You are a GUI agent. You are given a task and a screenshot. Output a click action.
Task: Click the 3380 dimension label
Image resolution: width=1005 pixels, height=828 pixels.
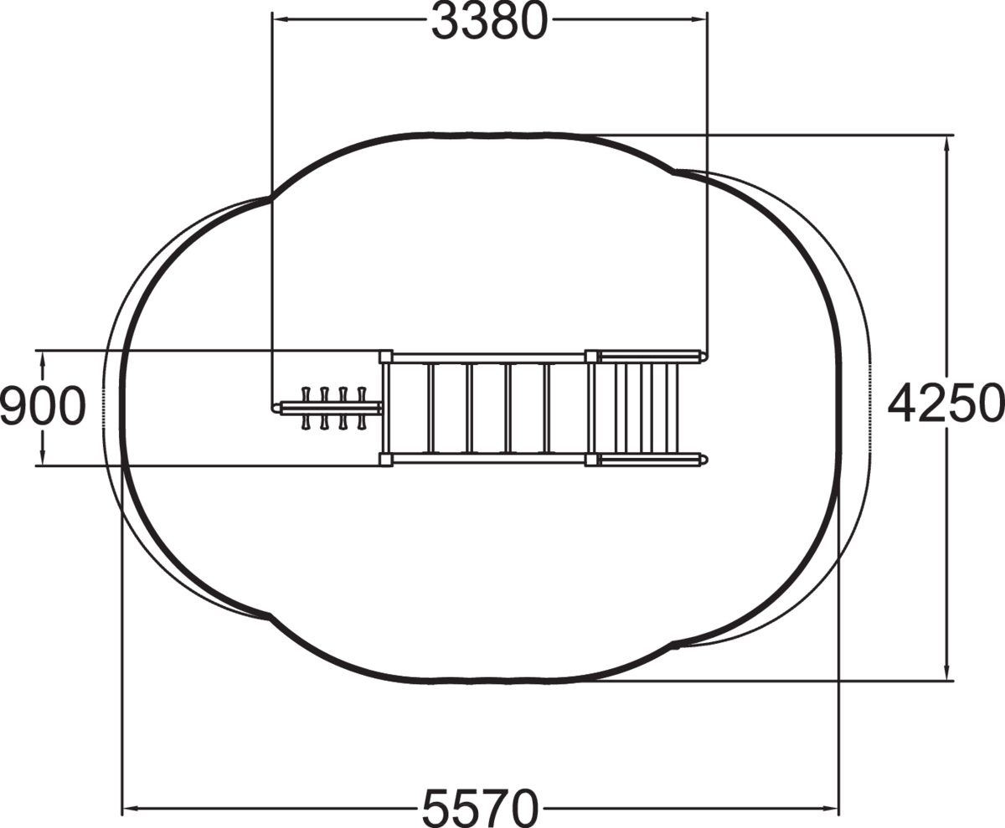tap(489, 20)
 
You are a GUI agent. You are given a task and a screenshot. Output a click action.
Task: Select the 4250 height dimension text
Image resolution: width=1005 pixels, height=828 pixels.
tap(946, 404)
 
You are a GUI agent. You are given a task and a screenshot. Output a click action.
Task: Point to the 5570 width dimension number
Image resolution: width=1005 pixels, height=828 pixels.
tap(480, 808)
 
